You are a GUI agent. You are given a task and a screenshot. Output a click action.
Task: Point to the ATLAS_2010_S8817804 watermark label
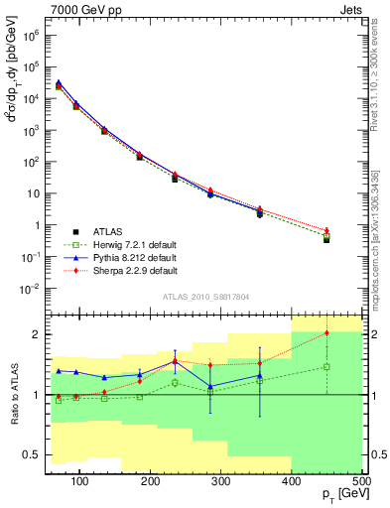pos(204,296)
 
